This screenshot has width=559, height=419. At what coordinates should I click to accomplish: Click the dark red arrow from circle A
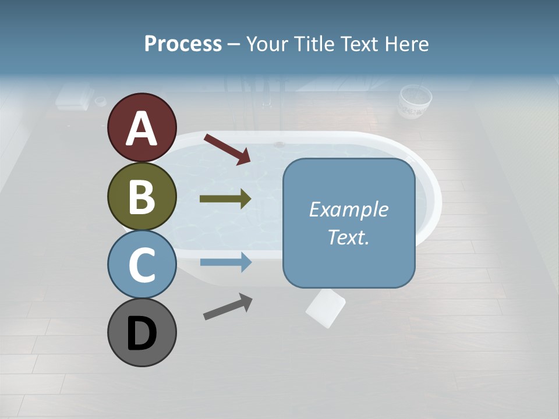(x=227, y=149)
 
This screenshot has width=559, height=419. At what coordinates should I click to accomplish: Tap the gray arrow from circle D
(x=228, y=307)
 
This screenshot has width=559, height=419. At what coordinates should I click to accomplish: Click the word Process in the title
(x=183, y=44)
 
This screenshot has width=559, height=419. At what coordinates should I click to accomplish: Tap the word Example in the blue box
(x=348, y=210)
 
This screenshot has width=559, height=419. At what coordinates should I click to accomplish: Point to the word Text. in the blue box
(x=348, y=237)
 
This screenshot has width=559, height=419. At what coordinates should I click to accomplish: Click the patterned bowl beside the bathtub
(x=415, y=102)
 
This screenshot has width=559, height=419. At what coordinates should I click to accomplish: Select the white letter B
(x=141, y=197)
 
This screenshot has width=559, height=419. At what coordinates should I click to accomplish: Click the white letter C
(x=141, y=265)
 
